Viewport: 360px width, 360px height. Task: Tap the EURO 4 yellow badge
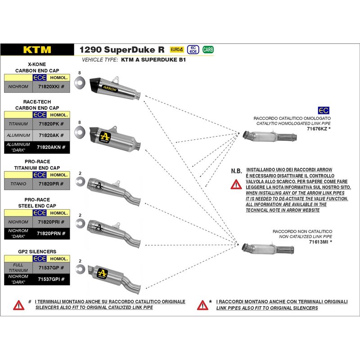(x=176, y=49)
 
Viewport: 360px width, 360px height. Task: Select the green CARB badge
(x=208, y=49)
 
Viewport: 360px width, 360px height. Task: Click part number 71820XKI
(x=52, y=86)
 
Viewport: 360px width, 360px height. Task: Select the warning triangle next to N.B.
(x=236, y=183)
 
